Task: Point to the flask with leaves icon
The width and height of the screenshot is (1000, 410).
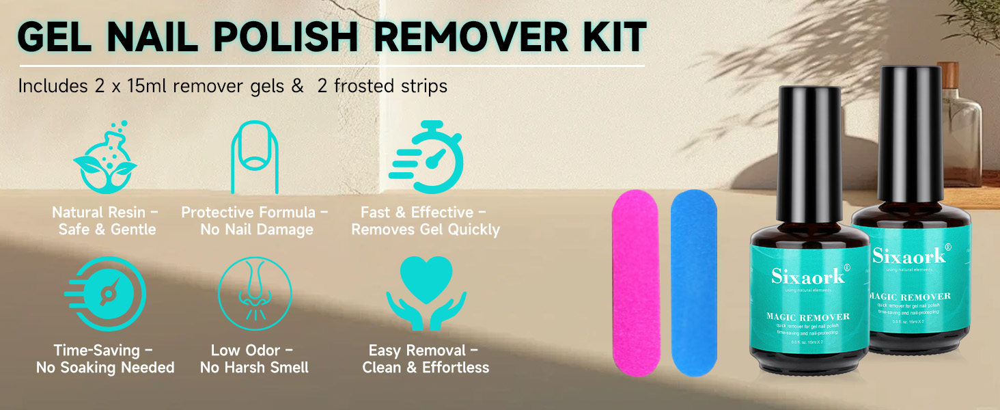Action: [105, 156]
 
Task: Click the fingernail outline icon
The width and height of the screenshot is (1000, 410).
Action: [254, 156]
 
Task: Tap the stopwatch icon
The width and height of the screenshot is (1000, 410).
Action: [428, 156]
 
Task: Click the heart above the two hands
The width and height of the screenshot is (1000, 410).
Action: [426, 275]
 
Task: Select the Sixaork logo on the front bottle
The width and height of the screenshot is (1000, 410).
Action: [808, 275]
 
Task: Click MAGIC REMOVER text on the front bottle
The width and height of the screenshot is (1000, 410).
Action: [808, 317]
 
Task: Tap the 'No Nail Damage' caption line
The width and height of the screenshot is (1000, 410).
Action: [257, 230]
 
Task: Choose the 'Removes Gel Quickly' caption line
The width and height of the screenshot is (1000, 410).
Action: [426, 230]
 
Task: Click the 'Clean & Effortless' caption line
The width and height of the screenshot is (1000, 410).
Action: [426, 368]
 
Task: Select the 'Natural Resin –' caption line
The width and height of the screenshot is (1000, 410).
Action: [105, 213]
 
